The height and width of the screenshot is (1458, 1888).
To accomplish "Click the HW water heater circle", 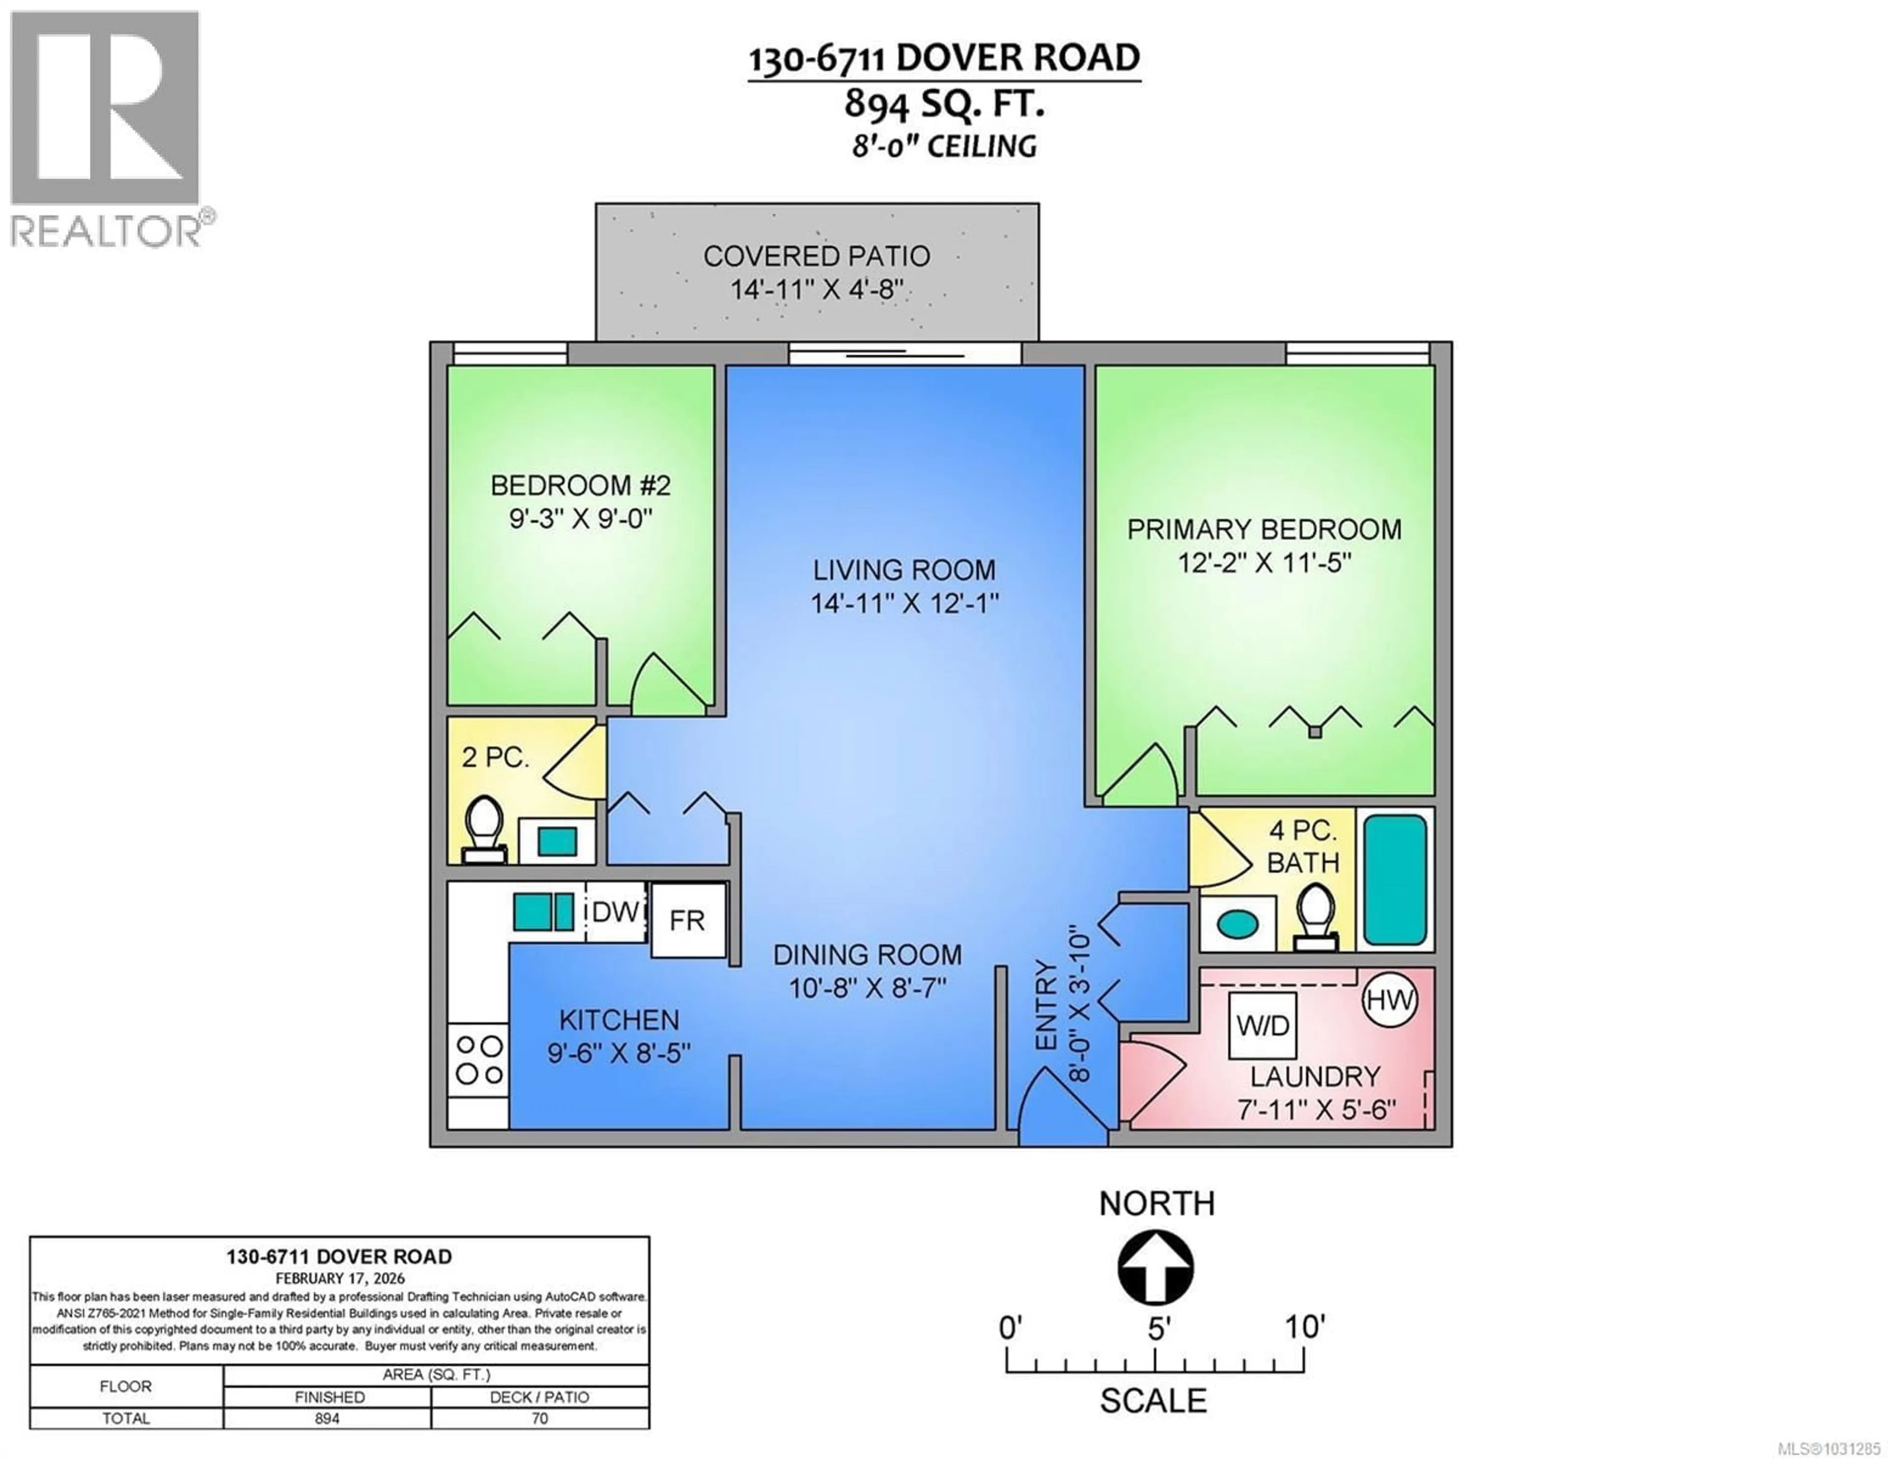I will (x=1389, y=1000).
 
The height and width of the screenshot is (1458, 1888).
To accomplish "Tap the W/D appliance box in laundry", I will (x=1262, y=1026).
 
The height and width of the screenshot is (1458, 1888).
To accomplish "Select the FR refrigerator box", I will (x=688, y=919).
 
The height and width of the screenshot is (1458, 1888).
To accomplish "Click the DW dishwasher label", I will (x=617, y=911).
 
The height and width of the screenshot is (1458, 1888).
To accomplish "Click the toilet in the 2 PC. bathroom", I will (x=484, y=828).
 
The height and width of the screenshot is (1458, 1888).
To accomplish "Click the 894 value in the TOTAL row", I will (x=327, y=1418).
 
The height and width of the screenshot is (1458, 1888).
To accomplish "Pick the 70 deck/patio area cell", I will (x=539, y=1418).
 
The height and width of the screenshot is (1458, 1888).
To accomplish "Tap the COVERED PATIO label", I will (x=816, y=256).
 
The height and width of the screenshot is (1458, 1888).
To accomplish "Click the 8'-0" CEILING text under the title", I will (x=944, y=146).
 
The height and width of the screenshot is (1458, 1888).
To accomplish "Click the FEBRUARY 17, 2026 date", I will (x=340, y=1277).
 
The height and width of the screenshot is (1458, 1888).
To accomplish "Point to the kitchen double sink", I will (x=543, y=911).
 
